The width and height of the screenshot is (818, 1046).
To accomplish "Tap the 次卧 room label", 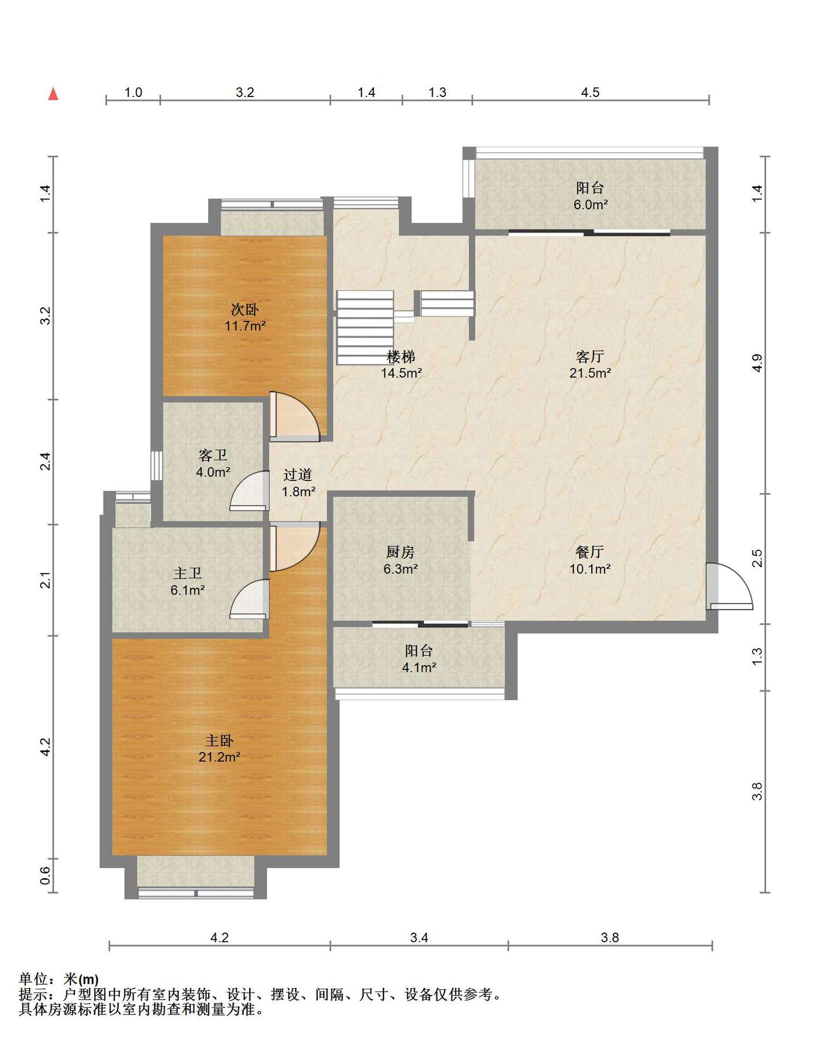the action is click(x=245, y=310).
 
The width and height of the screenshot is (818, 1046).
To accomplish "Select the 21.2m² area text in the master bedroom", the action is click(x=220, y=757).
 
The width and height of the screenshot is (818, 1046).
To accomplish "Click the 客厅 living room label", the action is click(x=590, y=357).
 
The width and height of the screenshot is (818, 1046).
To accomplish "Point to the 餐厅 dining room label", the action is click(x=590, y=552).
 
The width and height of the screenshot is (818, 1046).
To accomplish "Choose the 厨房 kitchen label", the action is click(x=401, y=552).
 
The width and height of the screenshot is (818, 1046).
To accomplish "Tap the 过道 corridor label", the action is click(x=298, y=475).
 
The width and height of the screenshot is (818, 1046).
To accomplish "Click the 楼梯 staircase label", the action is click(x=401, y=357).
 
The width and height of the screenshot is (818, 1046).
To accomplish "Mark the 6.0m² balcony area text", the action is click(x=590, y=205).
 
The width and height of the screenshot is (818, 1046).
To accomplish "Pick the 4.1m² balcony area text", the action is click(x=419, y=667).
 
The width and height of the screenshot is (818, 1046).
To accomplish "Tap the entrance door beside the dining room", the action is click(x=729, y=586).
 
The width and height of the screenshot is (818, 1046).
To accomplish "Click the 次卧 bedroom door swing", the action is click(x=294, y=417).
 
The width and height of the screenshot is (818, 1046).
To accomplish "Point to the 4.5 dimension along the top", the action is click(x=590, y=93).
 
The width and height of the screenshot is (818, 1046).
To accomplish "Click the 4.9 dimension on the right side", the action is click(x=757, y=363).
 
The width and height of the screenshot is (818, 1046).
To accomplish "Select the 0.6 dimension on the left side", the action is click(x=46, y=875).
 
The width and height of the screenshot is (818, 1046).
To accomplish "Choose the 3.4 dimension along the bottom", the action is click(x=419, y=938).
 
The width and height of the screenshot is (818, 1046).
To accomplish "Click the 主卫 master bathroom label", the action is click(x=187, y=573).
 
